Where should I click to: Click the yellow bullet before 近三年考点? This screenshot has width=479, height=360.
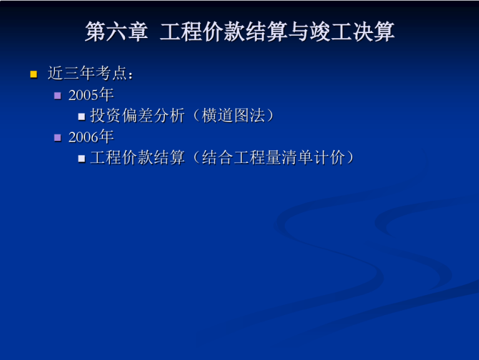click(x=34, y=74)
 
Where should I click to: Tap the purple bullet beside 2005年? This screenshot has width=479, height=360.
click(x=57, y=96)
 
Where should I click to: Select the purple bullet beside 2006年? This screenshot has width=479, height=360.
click(x=57, y=138)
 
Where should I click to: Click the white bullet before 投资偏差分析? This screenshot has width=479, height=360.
click(x=81, y=117)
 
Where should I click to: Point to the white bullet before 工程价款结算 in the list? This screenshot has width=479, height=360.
click(x=81, y=158)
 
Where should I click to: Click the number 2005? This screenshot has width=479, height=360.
click(x=83, y=95)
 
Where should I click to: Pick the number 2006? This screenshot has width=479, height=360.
click(x=83, y=137)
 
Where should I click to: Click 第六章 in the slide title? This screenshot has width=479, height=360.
click(x=117, y=32)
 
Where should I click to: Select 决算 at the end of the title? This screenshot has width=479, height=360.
click(x=373, y=32)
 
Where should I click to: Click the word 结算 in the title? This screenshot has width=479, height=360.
click(x=267, y=32)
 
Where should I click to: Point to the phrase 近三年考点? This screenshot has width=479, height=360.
click(x=87, y=73)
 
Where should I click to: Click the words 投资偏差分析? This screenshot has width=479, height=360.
click(x=137, y=115)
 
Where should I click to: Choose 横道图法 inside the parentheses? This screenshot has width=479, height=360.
click(x=234, y=115)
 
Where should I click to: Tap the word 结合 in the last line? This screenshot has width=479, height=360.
click(x=217, y=157)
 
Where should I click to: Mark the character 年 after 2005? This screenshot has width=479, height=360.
click(x=106, y=94)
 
